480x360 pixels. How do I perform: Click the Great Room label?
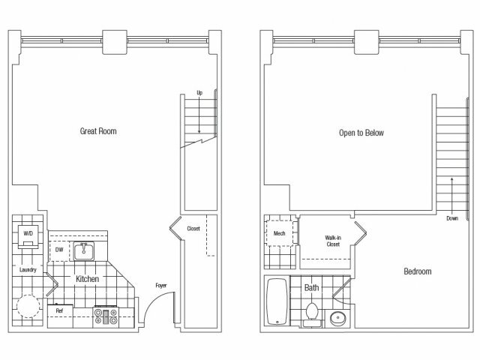click(x=98, y=131)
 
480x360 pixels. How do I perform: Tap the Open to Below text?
click(x=361, y=133)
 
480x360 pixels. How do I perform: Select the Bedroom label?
click(x=418, y=271)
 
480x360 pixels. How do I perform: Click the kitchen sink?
click(x=83, y=251)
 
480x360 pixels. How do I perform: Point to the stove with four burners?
click(x=106, y=316)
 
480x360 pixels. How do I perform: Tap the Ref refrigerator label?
click(x=59, y=310)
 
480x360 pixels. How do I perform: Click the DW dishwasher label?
click(x=59, y=250)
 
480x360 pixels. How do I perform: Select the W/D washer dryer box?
click(x=28, y=236)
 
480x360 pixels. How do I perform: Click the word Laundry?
click(x=28, y=270)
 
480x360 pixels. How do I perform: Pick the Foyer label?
click(x=161, y=285)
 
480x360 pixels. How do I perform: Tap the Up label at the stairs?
click(x=199, y=92)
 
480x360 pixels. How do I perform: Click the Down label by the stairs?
click(x=452, y=218)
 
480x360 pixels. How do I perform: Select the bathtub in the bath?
click(x=277, y=301)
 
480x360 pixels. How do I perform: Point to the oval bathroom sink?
click(x=338, y=318)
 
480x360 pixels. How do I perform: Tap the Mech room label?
click(x=279, y=233)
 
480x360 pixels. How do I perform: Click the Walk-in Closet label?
click(x=333, y=241)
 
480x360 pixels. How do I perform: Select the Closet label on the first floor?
click(x=193, y=229)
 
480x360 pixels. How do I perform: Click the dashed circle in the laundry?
click(x=17, y=306)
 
